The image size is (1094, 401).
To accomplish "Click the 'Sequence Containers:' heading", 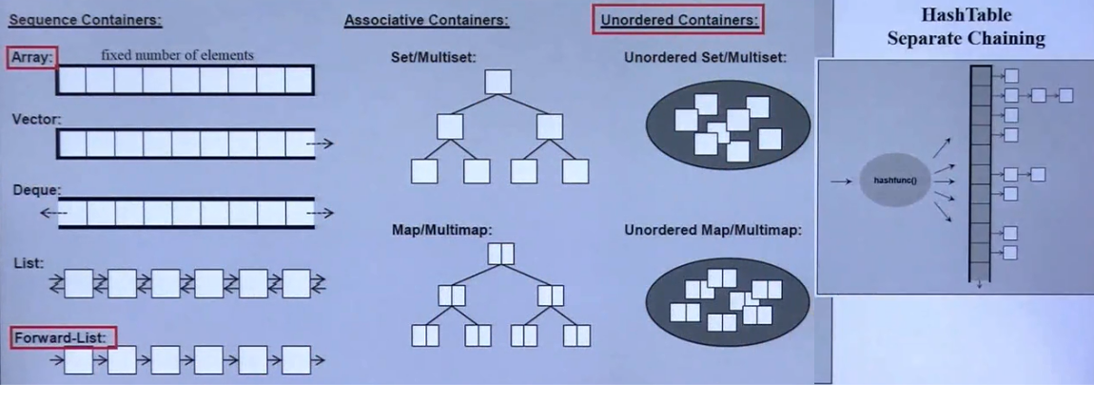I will click(86, 20).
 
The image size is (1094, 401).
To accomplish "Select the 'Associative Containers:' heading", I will click(426, 20).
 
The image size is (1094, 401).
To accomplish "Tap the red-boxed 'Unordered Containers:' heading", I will click(679, 20).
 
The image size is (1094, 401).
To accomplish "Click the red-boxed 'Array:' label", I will click(32, 58).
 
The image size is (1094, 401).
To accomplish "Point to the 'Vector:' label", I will click(36, 121).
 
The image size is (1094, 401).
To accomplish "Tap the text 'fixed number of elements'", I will click(177, 55).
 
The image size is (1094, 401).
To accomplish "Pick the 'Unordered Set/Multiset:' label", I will click(705, 57).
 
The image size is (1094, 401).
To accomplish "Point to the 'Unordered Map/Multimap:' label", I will click(713, 229).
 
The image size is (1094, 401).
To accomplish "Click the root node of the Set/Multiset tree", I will click(498, 82).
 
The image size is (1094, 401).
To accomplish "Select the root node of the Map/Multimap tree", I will click(500, 254).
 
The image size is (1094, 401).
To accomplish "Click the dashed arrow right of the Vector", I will click(322, 144).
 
